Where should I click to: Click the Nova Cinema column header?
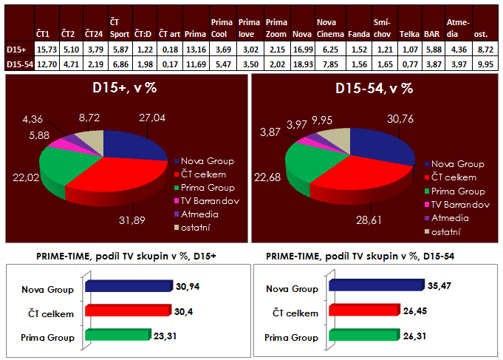pyautogui.click(x=326, y=28)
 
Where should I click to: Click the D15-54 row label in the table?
pyautogui.click(x=18, y=65)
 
